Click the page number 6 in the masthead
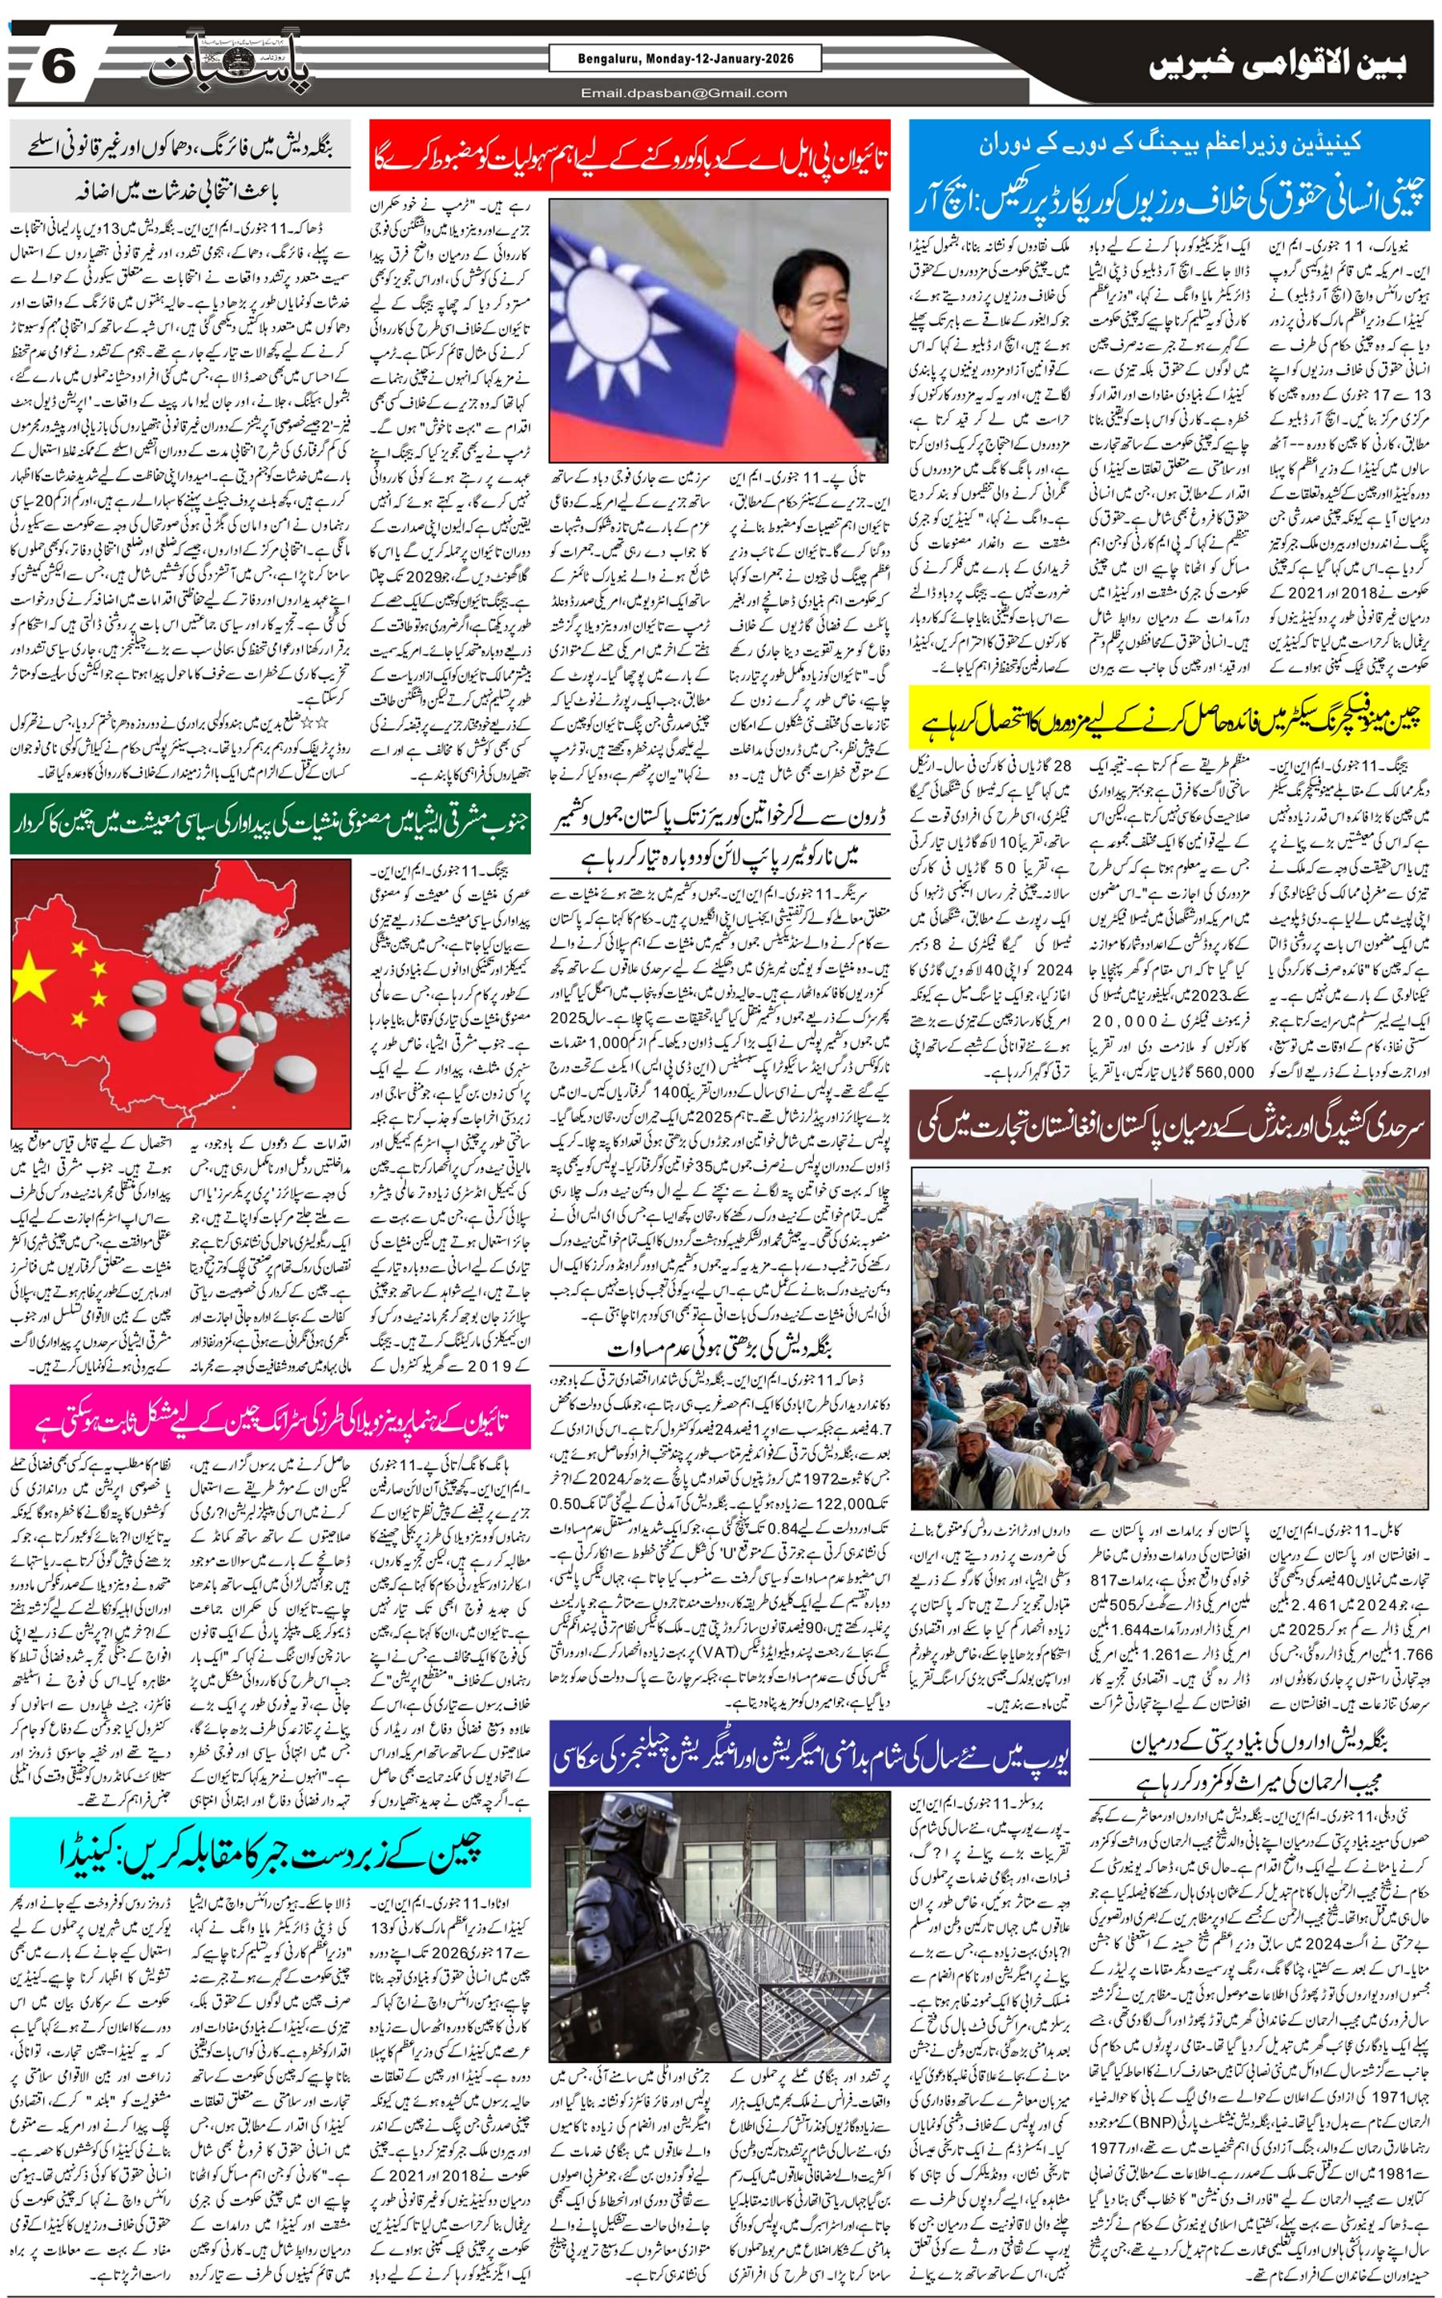[59, 70]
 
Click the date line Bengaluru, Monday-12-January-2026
[685, 60]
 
